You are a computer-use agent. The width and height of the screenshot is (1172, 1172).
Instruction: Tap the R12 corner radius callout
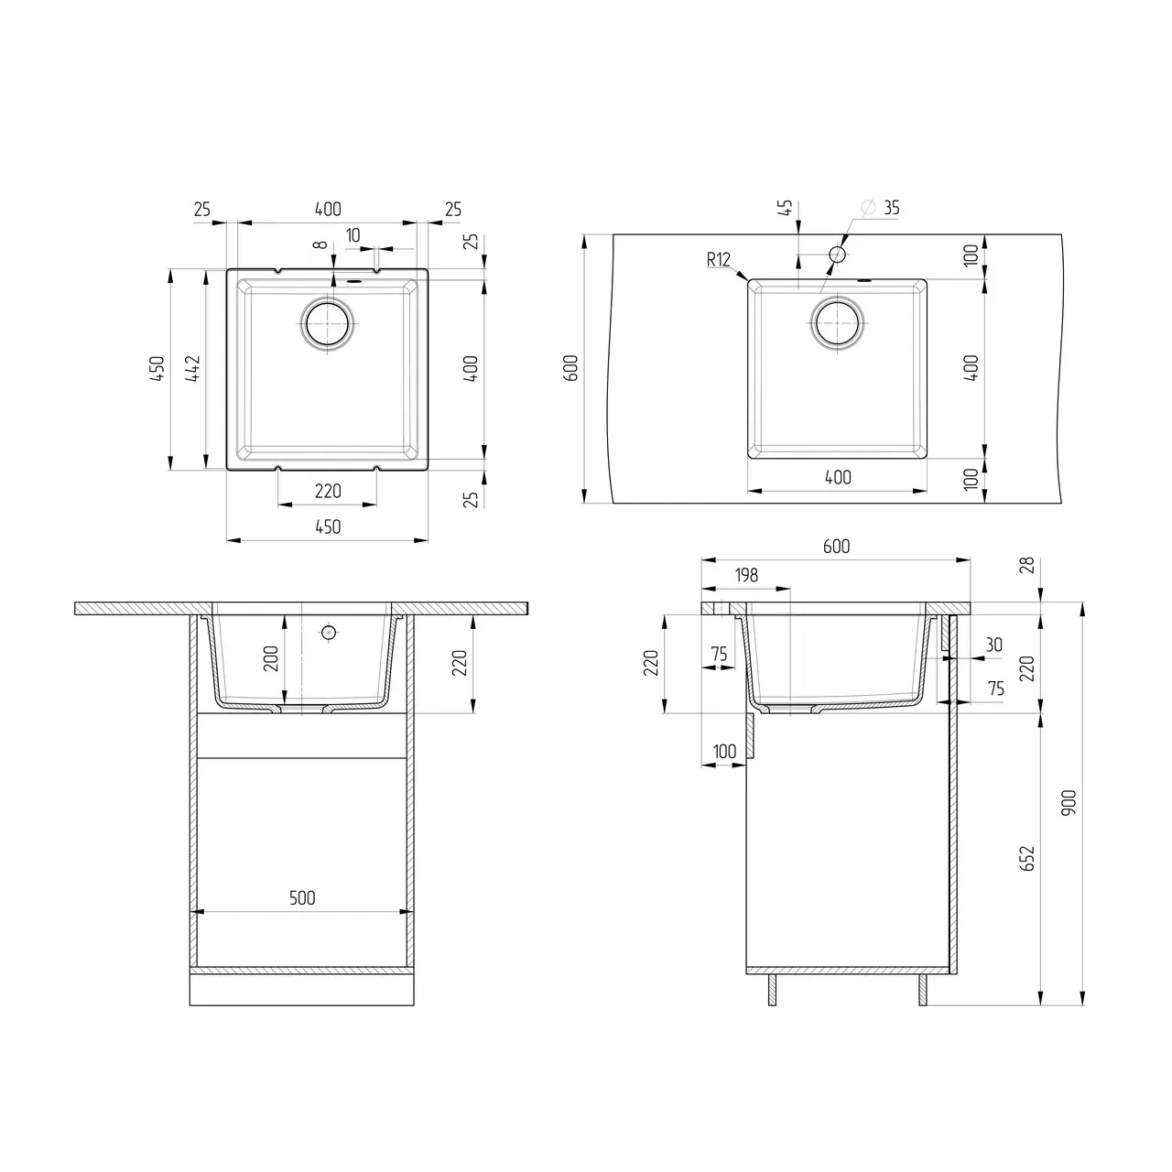(719, 260)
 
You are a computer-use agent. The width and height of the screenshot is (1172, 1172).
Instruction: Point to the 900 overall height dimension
(1069, 803)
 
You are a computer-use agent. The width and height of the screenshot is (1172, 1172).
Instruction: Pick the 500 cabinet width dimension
(302, 898)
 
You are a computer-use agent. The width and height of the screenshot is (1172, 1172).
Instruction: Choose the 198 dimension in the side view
(746, 575)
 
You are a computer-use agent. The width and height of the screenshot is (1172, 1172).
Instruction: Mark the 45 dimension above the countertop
(786, 209)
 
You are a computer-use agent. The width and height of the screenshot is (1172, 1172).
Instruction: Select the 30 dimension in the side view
(993, 645)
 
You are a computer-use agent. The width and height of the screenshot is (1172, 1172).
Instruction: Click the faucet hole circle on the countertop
(837, 254)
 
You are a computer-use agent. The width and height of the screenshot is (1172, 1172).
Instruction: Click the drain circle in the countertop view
(836, 322)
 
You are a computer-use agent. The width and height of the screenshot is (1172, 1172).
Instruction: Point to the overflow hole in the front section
(327, 632)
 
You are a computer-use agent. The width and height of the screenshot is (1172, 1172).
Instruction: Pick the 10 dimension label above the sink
(353, 236)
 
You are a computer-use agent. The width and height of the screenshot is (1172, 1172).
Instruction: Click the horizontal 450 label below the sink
(328, 526)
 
